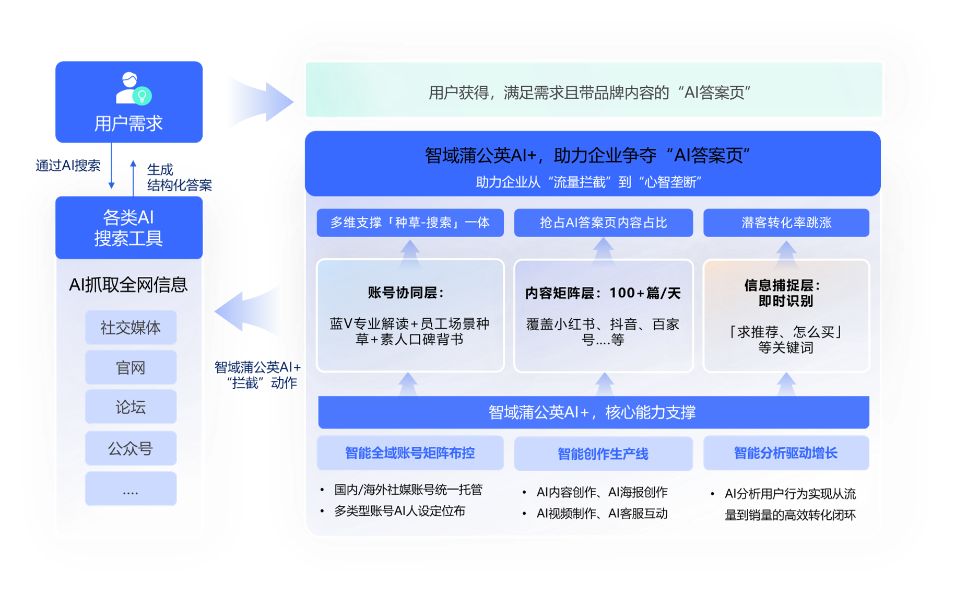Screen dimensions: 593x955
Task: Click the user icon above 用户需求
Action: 132,88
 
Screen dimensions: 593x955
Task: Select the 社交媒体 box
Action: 131,328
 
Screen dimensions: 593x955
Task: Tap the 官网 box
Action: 131,367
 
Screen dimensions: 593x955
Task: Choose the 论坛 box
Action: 131,407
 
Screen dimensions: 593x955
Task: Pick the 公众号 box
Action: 131,448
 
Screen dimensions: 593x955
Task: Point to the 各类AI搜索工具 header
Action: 129,228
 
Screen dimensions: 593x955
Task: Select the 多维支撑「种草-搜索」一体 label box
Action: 410,223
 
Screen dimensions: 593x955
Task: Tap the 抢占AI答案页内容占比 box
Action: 603,223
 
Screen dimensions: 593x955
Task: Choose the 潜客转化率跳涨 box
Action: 786,223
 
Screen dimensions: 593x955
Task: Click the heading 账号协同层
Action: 406,293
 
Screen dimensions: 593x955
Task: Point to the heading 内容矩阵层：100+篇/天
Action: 603,293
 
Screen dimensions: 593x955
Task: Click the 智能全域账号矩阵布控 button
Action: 410,453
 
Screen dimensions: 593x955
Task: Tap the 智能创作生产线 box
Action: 603,454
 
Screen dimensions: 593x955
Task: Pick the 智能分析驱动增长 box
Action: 786,453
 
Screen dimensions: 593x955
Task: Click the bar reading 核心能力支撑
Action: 593,412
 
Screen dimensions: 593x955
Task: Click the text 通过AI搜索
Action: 68,166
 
